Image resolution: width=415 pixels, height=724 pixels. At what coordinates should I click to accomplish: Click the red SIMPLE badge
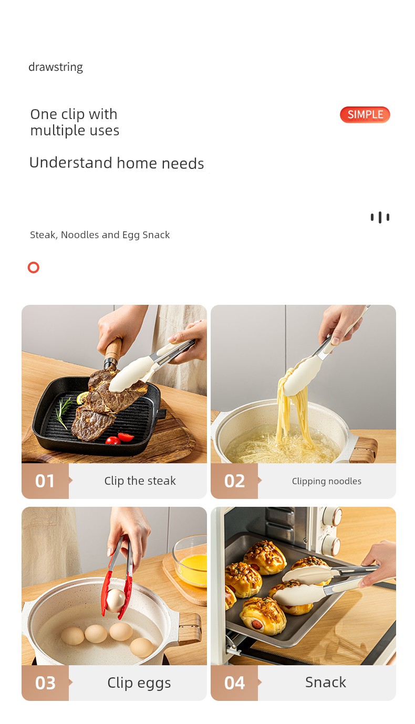pos(365,114)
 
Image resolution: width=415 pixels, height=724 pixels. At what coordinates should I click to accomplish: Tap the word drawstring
pos(56,67)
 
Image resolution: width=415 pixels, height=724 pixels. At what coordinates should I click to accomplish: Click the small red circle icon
pos(33,267)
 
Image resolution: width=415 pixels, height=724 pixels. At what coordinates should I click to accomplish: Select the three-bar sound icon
pos(380,218)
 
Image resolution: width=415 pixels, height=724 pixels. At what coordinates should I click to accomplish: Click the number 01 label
pos(45,481)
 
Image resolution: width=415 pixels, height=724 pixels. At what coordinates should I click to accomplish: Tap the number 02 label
pos(234,481)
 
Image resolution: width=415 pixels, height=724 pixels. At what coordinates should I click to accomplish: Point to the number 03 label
pos(45,683)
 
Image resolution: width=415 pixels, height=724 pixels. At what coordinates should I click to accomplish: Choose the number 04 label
pos(234,683)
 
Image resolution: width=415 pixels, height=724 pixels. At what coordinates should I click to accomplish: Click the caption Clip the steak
pos(140,481)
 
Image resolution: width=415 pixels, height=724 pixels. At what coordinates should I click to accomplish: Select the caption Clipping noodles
pos(327,481)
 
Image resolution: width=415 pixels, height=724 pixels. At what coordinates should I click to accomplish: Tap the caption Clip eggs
pos(139,683)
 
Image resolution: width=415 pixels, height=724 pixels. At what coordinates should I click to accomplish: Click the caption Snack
pos(326,683)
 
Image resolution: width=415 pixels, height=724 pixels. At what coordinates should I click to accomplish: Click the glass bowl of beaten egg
pos(190,561)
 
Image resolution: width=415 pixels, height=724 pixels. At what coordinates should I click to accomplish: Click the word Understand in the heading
pos(70,163)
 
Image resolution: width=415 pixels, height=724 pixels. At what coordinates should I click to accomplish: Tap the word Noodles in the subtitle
pos(80,235)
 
